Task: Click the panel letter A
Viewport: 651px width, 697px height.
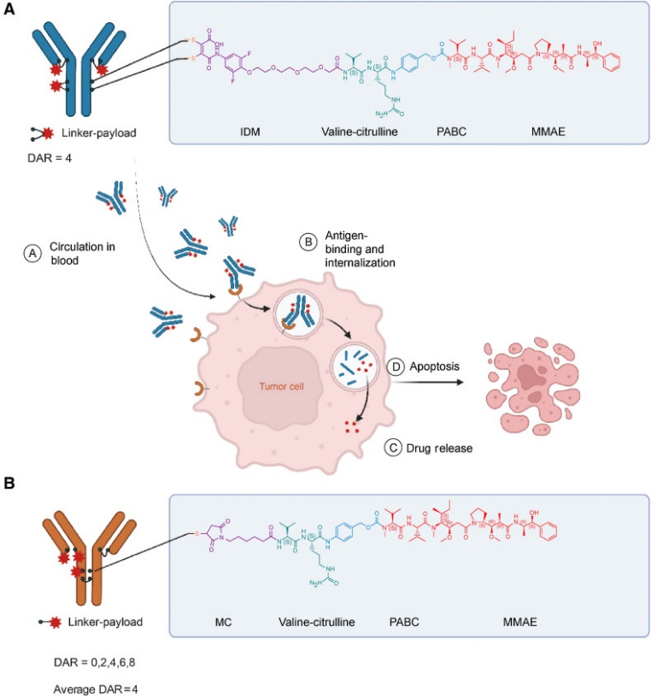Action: pos(9,11)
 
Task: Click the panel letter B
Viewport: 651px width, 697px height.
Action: pos(9,483)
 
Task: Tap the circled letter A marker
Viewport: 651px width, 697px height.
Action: pos(32,254)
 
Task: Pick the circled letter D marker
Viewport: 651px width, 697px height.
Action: pos(396,366)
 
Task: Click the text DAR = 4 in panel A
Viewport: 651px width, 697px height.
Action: pos(45,157)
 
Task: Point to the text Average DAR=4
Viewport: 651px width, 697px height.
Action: pos(78,686)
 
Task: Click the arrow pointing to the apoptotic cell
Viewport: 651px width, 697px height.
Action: pos(427,384)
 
